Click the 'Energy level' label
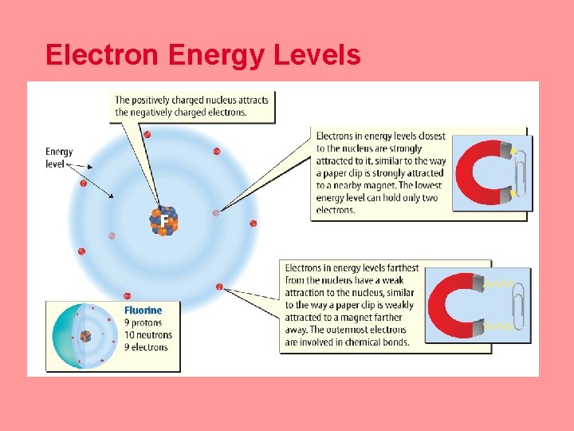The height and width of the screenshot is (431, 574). click(59, 157)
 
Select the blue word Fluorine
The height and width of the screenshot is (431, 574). click(143, 310)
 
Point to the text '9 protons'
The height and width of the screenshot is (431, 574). click(144, 322)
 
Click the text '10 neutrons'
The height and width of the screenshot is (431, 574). click(148, 334)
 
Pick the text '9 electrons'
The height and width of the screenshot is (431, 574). click(146, 347)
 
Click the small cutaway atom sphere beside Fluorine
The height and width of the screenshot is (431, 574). click(81, 336)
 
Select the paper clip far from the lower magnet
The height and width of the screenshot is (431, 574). click(519, 306)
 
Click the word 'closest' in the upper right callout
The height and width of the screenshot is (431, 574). click(431, 136)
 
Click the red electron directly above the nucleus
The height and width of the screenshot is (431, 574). click(147, 134)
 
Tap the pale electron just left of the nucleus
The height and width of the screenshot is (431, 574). click(112, 236)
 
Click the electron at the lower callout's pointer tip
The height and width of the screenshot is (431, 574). click(219, 286)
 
